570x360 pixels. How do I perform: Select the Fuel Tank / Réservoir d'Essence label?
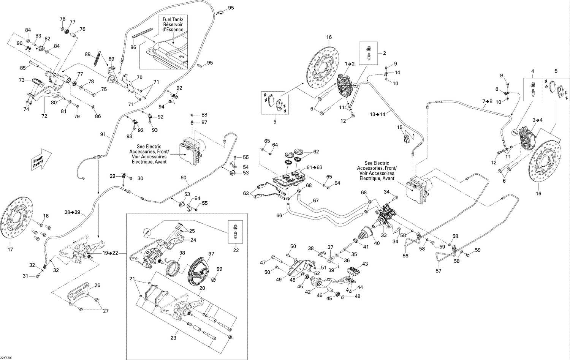(x=173, y=24)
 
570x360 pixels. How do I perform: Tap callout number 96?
(x=133, y=47)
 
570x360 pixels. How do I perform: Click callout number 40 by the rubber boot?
(x=377, y=243)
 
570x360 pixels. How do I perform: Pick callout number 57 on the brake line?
(x=439, y=271)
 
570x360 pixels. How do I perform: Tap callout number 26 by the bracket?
(x=97, y=285)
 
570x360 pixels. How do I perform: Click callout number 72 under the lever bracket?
(x=44, y=116)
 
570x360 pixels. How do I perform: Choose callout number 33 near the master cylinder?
(x=384, y=236)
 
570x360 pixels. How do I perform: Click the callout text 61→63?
(x=314, y=167)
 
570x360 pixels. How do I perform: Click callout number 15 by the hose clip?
(x=400, y=127)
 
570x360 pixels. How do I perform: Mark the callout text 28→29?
(x=73, y=212)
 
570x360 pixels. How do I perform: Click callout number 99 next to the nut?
(x=219, y=269)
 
